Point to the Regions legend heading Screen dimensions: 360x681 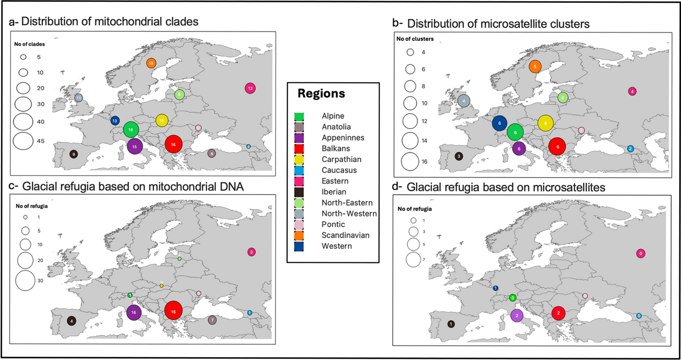(321, 94)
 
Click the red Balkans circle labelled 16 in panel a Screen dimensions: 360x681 (173, 144)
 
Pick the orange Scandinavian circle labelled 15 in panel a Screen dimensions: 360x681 (151, 63)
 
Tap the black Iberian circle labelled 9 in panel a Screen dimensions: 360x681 (73, 154)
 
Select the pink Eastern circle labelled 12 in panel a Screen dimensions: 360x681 (250, 89)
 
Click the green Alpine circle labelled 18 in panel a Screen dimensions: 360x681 (131, 129)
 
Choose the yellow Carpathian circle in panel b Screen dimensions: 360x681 (545, 123)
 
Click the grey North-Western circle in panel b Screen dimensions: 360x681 (464, 101)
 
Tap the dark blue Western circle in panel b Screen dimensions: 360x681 (500, 123)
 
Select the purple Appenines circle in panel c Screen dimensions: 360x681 (135, 312)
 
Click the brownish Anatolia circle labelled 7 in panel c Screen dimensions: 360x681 (213, 320)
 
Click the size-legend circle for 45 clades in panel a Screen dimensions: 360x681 (23, 141)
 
